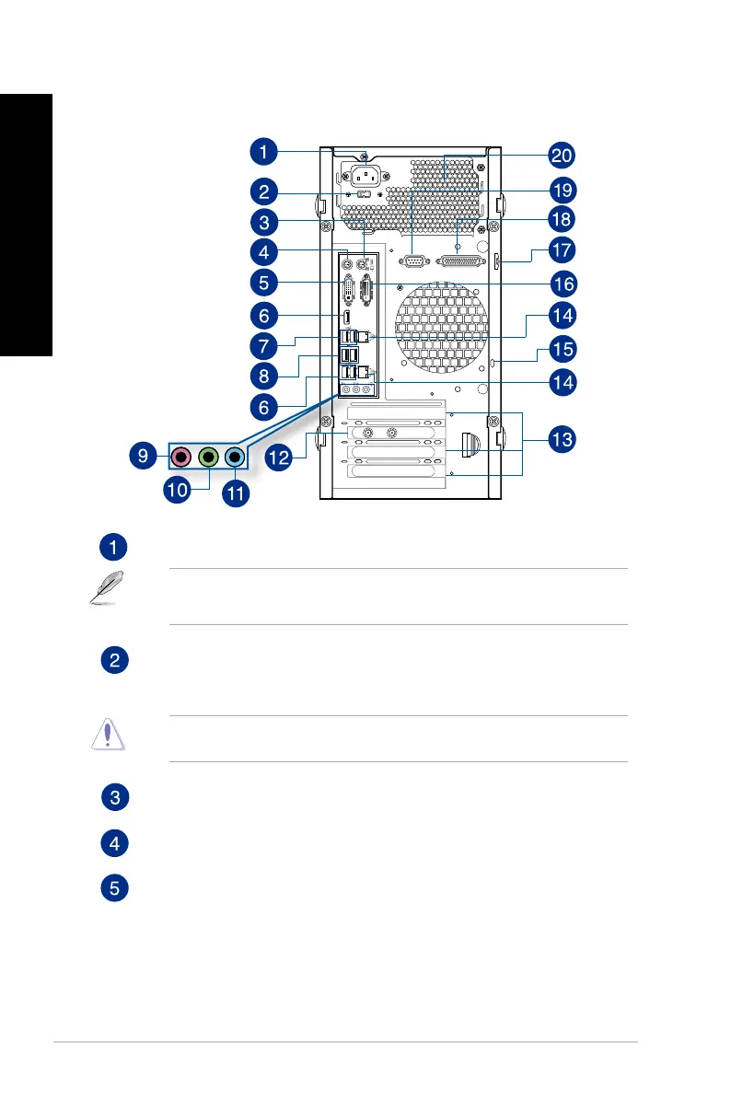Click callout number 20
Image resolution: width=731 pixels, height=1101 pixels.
[561, 154]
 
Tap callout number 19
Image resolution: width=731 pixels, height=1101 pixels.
[561, 190]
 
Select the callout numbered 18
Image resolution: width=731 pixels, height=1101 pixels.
[561, 219]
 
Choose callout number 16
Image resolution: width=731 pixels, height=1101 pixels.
[561, 282]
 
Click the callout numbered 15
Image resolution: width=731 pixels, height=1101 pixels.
[561, 349]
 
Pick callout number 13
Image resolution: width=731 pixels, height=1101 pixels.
[561, 440]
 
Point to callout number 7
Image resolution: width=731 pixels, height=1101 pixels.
[264, 349]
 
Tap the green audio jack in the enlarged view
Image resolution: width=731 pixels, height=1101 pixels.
[209, 455]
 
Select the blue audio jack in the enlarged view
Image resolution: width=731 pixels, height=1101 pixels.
[235, 455]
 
